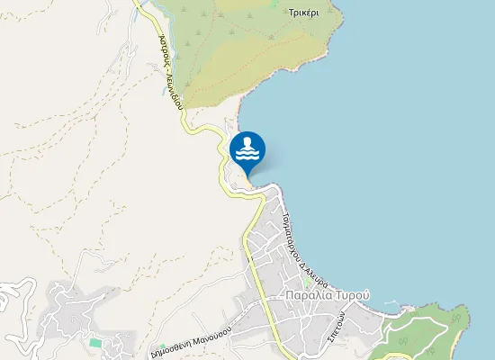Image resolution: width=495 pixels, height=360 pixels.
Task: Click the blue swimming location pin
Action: point(247,152)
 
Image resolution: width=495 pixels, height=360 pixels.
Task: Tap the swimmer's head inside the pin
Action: point(247,143)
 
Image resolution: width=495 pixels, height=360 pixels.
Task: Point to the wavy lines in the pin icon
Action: point(247,156)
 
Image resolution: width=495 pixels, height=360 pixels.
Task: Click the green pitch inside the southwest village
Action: point(95,343)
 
